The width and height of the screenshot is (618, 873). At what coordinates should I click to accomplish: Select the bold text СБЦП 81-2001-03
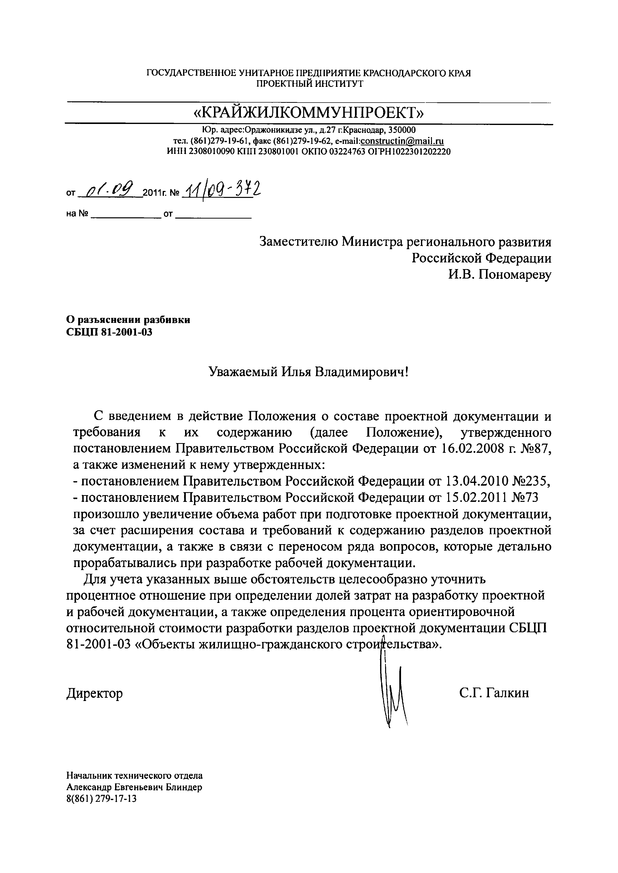(x=109, y=332)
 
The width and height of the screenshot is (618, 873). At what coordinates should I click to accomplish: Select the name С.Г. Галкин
(x=493, y=693)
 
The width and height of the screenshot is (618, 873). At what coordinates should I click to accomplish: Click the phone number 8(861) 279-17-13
(x=101, y=799)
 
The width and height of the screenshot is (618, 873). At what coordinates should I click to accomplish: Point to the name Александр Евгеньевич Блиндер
(x=134, y=788)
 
